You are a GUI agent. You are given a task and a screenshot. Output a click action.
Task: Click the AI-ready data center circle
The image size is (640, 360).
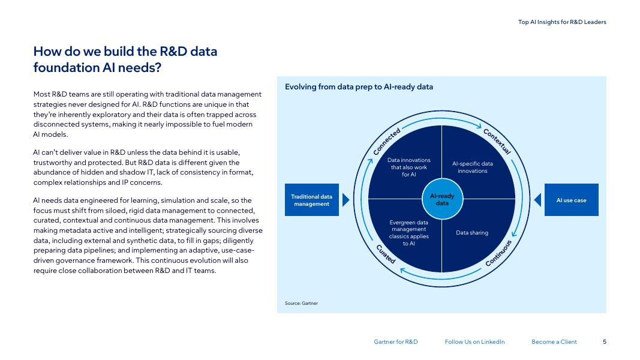pos(442,199)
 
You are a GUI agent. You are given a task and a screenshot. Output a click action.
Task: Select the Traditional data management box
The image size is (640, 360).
pos(311,200)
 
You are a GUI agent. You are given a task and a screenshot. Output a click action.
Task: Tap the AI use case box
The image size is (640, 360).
pos(571,200)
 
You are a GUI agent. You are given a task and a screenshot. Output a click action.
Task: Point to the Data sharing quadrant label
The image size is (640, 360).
pos(472,233)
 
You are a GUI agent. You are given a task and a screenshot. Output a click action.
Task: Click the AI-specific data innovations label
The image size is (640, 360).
pos(472,167)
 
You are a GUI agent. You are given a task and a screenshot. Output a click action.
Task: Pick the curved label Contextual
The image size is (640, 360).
pos(497,142)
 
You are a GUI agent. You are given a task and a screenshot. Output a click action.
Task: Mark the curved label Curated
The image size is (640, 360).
pos(385,254)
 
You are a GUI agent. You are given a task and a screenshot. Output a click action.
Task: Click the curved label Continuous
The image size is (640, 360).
pos(498,254)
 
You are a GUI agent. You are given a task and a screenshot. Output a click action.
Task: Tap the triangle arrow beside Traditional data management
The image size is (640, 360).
pos(345,200)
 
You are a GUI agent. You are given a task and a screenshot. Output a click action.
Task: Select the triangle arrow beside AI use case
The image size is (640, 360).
pos(538,200)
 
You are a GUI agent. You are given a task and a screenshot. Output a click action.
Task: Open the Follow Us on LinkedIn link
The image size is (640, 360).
pos(474,342)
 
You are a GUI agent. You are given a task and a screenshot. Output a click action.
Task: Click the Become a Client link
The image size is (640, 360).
pos(554,342)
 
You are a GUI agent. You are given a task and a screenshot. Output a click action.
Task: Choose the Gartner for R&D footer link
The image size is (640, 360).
pos(395,342)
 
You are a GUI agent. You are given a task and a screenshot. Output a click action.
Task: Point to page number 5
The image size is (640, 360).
pos(605,342)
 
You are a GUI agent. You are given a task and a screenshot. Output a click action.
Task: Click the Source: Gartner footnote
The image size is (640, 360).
pos(301,303)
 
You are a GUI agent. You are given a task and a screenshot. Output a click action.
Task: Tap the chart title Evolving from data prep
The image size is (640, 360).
pos(359,87)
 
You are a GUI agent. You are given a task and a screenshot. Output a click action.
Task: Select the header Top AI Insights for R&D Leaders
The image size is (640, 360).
pos(562,22)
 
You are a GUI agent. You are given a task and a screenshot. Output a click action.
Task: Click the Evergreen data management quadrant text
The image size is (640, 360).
pos(409,233)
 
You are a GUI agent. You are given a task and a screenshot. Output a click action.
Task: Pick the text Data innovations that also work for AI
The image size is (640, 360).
pos(409,167)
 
